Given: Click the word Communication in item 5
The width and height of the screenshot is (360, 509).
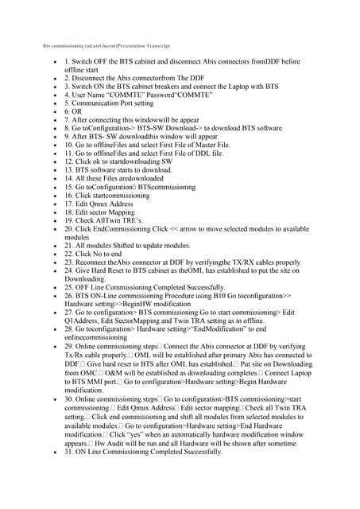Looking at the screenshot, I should tap(99, 103).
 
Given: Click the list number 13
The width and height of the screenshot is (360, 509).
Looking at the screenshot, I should tap(70, 169).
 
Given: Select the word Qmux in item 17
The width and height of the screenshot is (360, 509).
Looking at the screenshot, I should tap(106, 203).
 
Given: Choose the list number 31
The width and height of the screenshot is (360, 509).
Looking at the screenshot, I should tap(70, 451).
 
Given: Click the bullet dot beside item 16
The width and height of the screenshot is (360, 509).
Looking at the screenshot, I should tap(52, 194).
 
